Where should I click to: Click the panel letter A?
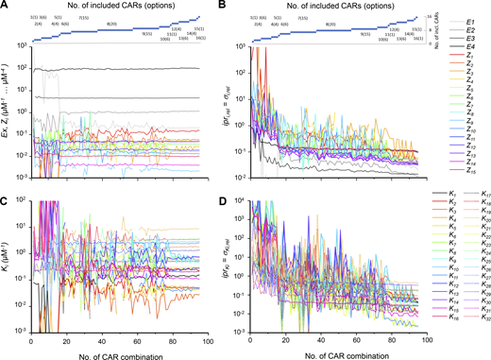coord(6,6)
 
